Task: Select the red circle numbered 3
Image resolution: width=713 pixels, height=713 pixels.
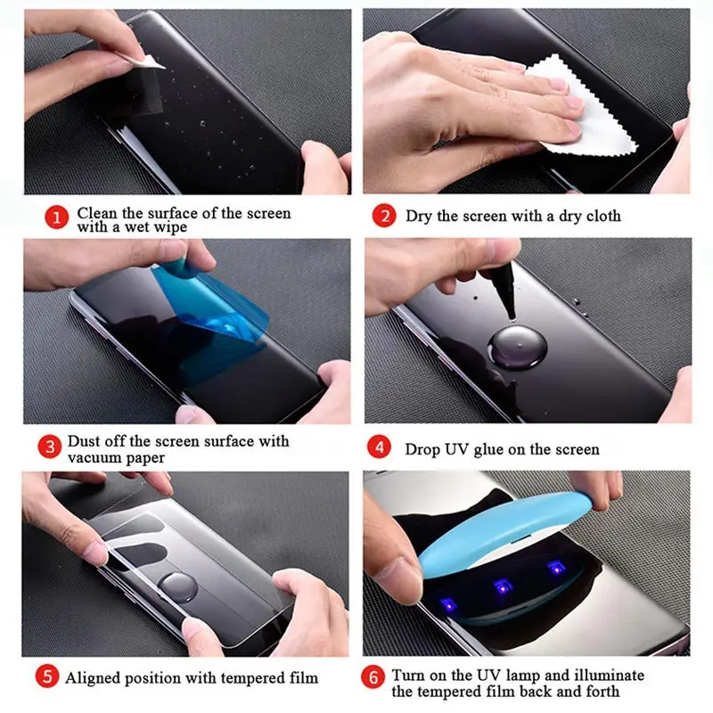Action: click(x=50, y=444)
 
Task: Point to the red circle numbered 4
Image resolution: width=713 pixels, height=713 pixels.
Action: click(x=381, y=448)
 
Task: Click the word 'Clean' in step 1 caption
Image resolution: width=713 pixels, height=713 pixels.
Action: click(x=96, y=214)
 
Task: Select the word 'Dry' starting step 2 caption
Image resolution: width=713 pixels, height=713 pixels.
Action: click(x=419, y=217)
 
